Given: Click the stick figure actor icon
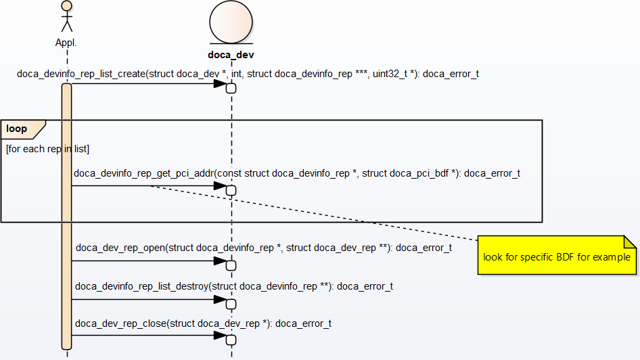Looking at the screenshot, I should pos(66,16).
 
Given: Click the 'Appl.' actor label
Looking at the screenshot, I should pos(66,42).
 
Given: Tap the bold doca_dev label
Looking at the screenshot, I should pos(231,55).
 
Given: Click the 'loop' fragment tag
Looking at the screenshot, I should pos(18,129).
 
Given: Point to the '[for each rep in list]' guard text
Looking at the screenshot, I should pos(47,148).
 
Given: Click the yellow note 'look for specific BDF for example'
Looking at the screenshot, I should pos(556,257).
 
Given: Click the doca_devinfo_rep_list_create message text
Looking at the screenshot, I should pos(248,74).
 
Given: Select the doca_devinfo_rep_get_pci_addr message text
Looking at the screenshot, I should pos(297,173).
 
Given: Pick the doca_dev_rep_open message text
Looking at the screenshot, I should pos(263,248).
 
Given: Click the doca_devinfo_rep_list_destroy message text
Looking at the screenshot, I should pos(234,286).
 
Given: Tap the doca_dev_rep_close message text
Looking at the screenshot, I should pos(203,323).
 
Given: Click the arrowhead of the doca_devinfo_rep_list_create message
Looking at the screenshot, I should pos(220,84).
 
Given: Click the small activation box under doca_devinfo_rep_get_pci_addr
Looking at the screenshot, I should pos(231,190).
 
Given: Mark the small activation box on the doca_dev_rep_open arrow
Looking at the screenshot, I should pos(231,265).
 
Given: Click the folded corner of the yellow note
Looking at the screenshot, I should pos(630,242).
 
